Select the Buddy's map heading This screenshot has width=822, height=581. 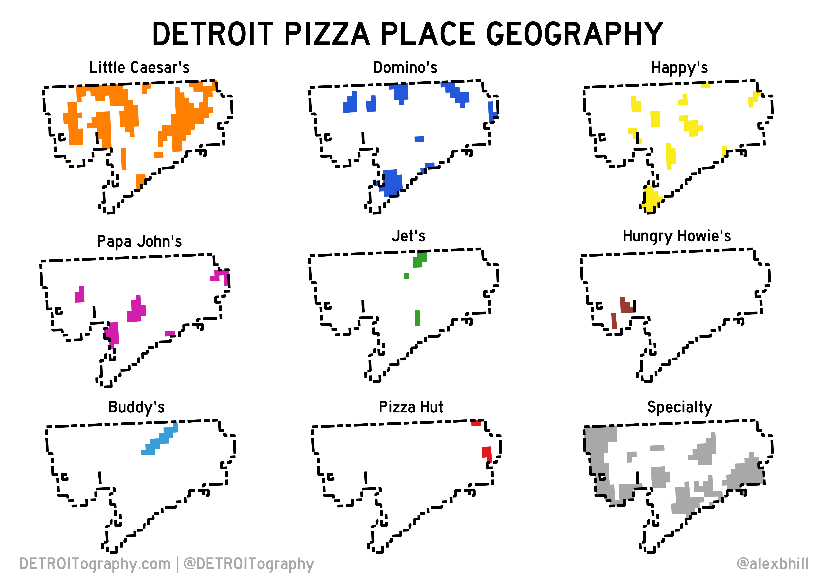[x=136, y=407]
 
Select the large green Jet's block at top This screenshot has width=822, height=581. [x=419, y=260]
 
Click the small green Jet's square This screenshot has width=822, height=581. [x=406, y=276]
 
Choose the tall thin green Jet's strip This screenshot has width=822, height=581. [x=417, y=318]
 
